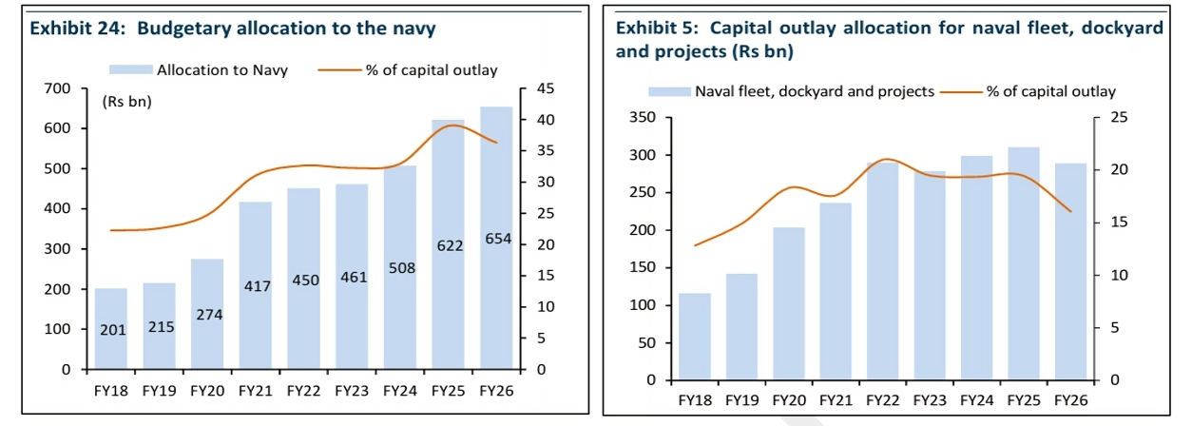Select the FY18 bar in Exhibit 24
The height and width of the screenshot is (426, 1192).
[x=110, y=328]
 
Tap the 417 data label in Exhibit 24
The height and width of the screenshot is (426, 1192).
[x=256, y=285]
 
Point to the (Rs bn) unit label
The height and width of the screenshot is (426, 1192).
[x=126, y=102]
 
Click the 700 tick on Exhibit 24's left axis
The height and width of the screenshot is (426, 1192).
[x=59, y=88]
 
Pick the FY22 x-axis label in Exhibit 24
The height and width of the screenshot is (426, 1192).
[x=303, y=390]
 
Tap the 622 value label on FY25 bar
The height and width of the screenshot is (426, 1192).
[x=449, y=246]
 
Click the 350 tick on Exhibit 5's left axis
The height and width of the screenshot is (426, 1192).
[x=644, y=118]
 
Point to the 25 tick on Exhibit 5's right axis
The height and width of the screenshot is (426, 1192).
[x=1120, y=118]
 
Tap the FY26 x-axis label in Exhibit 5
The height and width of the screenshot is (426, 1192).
[x=1070, y=400]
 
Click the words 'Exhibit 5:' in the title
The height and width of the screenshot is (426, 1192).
[x=658, y=29]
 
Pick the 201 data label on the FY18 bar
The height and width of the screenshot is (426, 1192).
[x=112, y=330]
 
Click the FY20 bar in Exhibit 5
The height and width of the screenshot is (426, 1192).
[x=790, y=304]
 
